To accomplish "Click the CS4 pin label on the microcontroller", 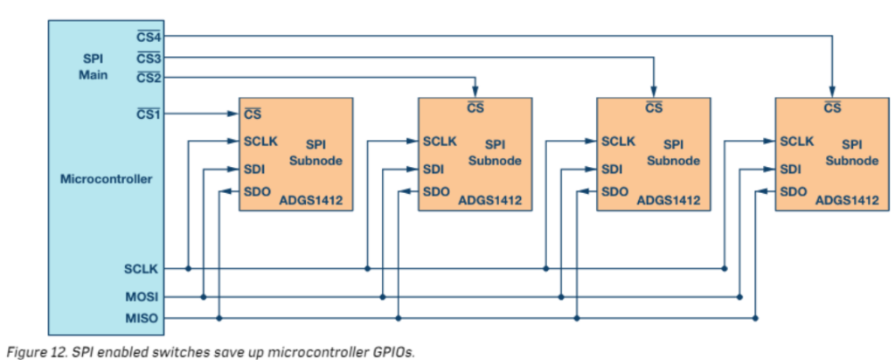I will [x=149, y=36].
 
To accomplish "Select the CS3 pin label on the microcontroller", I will [x=149, y=58].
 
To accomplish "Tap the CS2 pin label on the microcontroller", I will [x=149, y=78].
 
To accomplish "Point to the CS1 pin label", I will [x=149, y=114].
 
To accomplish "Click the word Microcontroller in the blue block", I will [x=107, y=179].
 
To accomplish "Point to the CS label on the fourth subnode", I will [x=832, y=108].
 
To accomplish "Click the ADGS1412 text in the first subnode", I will [x=310, y=201].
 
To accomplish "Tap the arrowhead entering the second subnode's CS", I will [x=475, y=92].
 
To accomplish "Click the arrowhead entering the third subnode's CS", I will [x=654, y=92].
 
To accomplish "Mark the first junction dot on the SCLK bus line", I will [x=188, y=268].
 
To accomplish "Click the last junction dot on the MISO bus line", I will [x=755, y=318].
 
